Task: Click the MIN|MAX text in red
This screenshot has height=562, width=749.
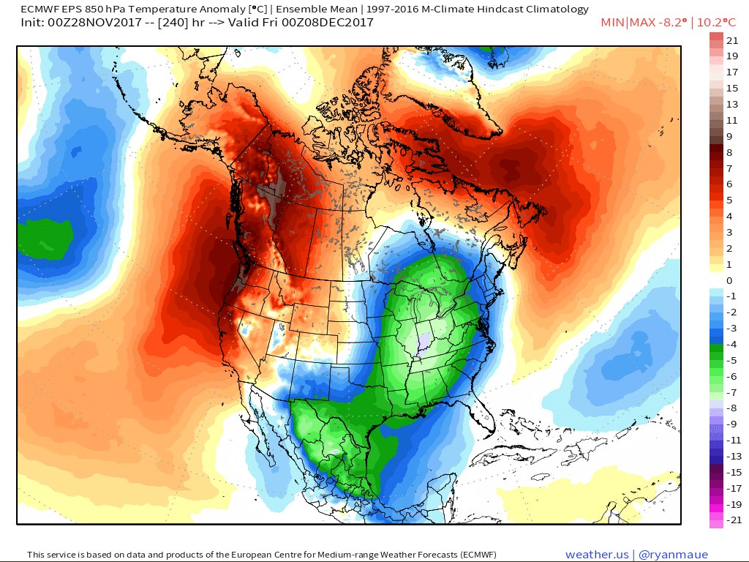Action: coord(624,23)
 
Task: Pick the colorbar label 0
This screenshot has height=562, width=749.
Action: coord(729,281)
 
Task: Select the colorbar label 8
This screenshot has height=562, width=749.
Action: coord(729,152)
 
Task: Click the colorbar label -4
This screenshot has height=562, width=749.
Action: coord(731,345)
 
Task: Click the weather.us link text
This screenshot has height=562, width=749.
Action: coord(595,555)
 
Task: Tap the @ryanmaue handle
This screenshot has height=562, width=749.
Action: coord(671,555)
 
